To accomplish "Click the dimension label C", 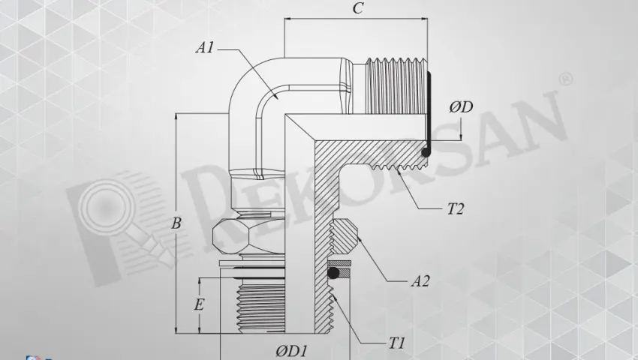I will (359, 9).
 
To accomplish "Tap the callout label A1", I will (205, 47).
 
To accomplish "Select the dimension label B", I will (176, 223).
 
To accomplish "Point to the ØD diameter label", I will (460, 106).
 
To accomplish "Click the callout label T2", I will (455, 209).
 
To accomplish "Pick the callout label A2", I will (420, 282).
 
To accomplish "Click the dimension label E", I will (199, 305).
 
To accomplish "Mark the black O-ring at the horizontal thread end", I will (426, 152).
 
